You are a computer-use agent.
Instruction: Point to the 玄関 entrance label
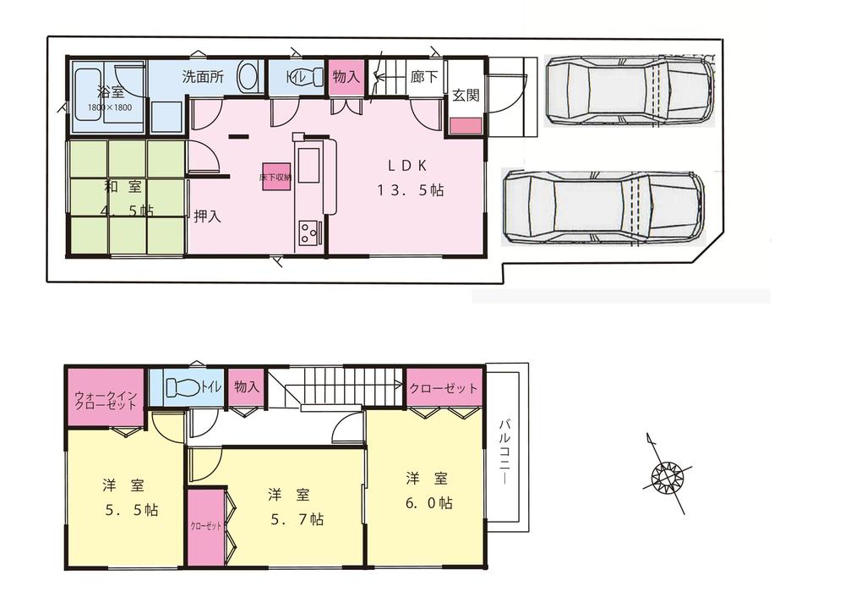pyautogui.click(x=466, y=96)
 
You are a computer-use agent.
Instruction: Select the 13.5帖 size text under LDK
pyautogui.click(x=410, y=190)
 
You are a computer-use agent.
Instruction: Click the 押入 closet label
pyautogui.click(x=207, y=216)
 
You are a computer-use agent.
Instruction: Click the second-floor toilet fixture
pyautogui.click(x=182, y=388)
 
